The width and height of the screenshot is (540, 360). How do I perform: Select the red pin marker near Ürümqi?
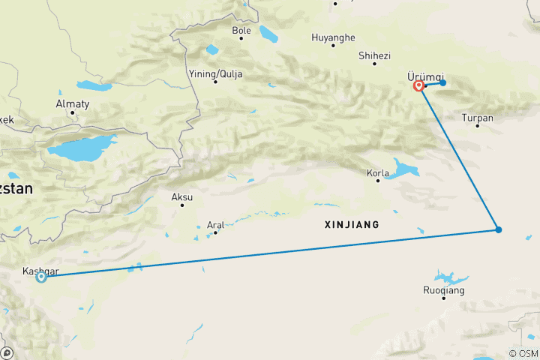[418, 86]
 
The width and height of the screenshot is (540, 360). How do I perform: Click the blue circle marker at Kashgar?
[41, 277]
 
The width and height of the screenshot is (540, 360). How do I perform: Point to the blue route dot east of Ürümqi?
[443, 82]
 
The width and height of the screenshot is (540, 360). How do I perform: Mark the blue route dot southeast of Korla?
[498, 229]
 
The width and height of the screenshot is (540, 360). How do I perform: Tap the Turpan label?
[478, 118]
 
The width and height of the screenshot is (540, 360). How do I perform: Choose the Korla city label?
[377, 172]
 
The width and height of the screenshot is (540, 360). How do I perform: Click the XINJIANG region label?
[351, 224]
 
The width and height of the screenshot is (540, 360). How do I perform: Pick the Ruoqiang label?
[444, 289]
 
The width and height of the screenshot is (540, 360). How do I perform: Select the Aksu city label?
[182, 197]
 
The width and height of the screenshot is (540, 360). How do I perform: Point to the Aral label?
[216, 224]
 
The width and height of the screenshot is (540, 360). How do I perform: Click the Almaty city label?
[73, 103]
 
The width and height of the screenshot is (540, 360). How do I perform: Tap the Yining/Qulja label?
[216, 73]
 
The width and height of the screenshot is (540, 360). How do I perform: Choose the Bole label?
[241, 30]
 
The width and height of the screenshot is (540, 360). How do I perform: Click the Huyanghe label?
[333, 37]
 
